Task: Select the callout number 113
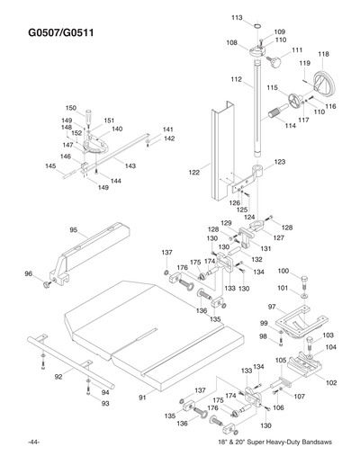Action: click(237, 18)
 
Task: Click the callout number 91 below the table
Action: click(140, 397)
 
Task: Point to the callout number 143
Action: click(130, 166)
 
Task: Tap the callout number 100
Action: click(283, 271)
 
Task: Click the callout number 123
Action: click(280, 162)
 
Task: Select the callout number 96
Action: click(28, 273)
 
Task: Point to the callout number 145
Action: click(51, 166)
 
